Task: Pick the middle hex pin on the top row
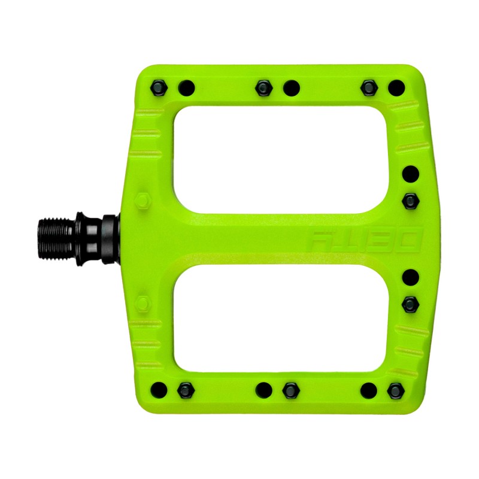(263, 88)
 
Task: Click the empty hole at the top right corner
(396, 89)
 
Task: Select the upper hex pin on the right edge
(411, 199)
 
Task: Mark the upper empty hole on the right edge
(411, 174)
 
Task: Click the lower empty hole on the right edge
(411, 277)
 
